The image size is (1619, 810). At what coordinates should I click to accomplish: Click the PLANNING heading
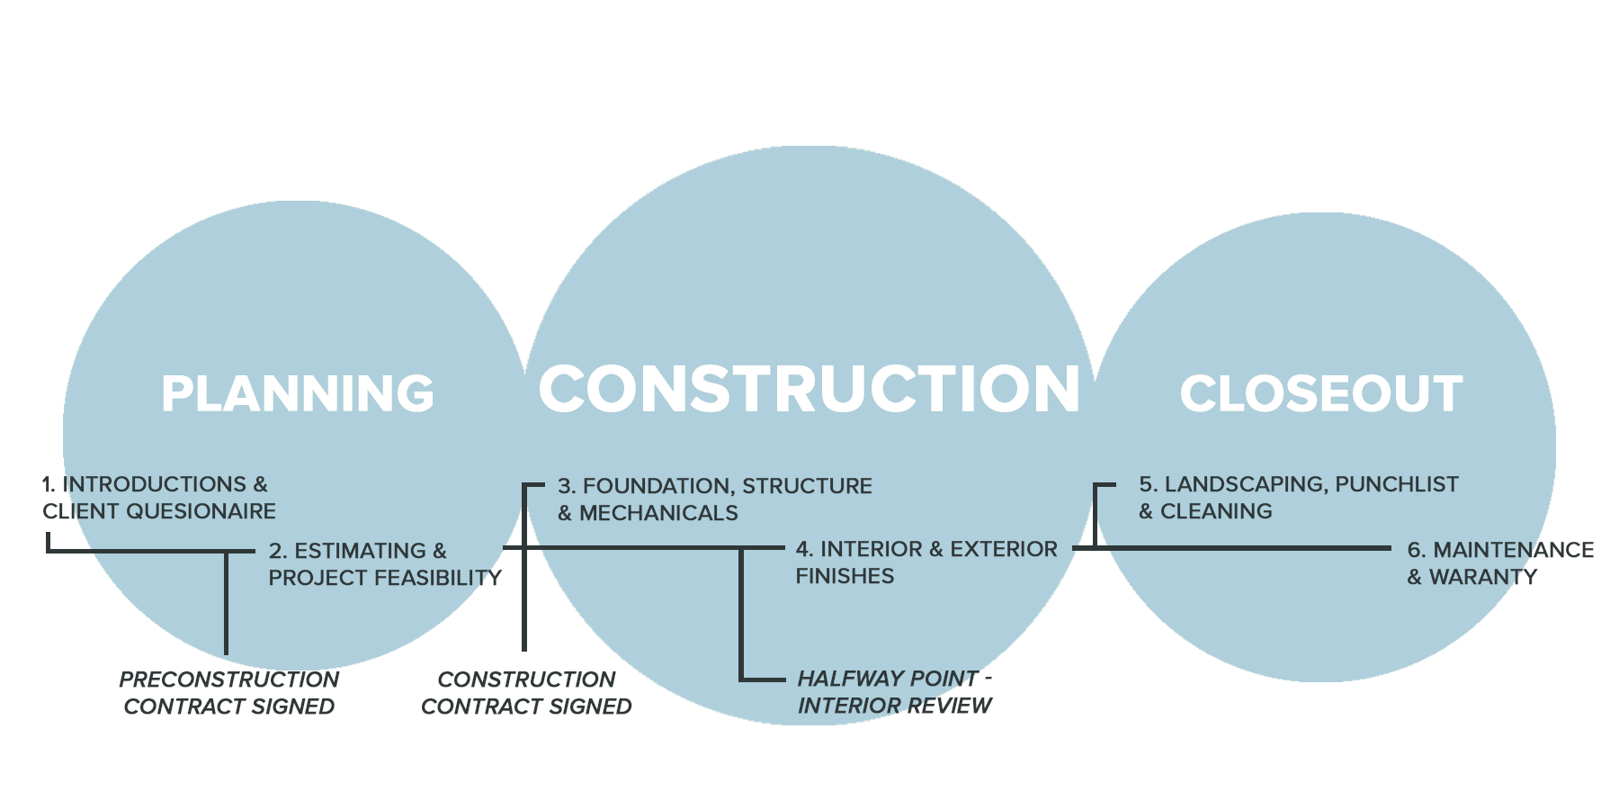pos(298,394)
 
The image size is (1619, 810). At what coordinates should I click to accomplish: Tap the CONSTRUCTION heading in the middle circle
pos(809,390)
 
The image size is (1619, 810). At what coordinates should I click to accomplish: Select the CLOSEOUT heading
pos(1320,394)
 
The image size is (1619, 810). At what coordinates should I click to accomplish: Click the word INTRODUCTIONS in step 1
pos(154,484)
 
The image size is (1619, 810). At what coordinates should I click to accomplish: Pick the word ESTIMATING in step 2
pos(360,551)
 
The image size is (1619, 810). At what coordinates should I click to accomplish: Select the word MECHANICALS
pos(658,513)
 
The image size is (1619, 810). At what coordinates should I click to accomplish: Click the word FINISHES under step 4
pos(845,576)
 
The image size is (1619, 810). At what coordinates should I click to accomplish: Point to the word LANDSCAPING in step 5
pos(1246,484)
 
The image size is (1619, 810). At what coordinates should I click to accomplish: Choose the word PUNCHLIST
pos(1396,484)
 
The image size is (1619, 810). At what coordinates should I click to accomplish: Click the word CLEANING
pos(1216,511)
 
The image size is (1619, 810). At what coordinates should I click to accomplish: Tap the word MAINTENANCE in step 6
pos(1513,550)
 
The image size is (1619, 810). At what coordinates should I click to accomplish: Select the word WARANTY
pos(1483,577)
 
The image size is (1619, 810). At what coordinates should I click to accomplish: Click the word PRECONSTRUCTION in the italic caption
pos(229,679)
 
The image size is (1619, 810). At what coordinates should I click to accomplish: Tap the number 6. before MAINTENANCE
pos(1416,550)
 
